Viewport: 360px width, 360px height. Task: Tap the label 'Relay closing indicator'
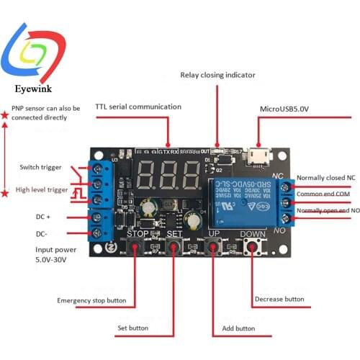click(217, 75)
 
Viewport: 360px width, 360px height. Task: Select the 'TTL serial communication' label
click(138, 107)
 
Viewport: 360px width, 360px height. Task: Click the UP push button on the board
click(213, 248)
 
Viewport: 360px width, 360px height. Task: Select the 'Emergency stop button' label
click(91, 300)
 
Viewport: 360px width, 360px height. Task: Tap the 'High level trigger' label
click(42, 190)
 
